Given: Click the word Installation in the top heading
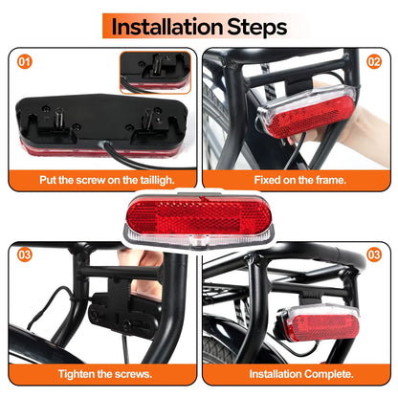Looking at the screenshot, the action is click(x=166, y=27).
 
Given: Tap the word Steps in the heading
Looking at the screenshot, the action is click(x=257, y=28).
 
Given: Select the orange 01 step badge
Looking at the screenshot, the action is click(x=25, y=62).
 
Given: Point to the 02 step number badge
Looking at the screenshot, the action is click(x=374, y=62).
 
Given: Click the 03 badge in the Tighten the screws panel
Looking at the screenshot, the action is click(x=25, y=254).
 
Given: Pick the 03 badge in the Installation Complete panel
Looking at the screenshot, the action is click(x=374, y=254).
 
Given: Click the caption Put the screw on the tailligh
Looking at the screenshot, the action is click(x=107, y=180).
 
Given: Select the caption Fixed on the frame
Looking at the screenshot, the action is click(x=299, y=180).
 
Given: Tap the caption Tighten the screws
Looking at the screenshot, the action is click(x=105, y=374).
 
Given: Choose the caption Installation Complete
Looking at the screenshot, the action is click(x=301, y=374).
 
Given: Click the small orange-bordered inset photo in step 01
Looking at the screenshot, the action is click(x=155, y=73).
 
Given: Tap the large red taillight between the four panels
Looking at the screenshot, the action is click(x=198, y=221).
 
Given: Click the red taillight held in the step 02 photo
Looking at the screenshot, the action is click(x=308, y=112).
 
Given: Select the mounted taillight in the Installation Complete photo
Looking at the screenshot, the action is click(x=319, y=323).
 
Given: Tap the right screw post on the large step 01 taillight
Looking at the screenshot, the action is click(x=147, y=118).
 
